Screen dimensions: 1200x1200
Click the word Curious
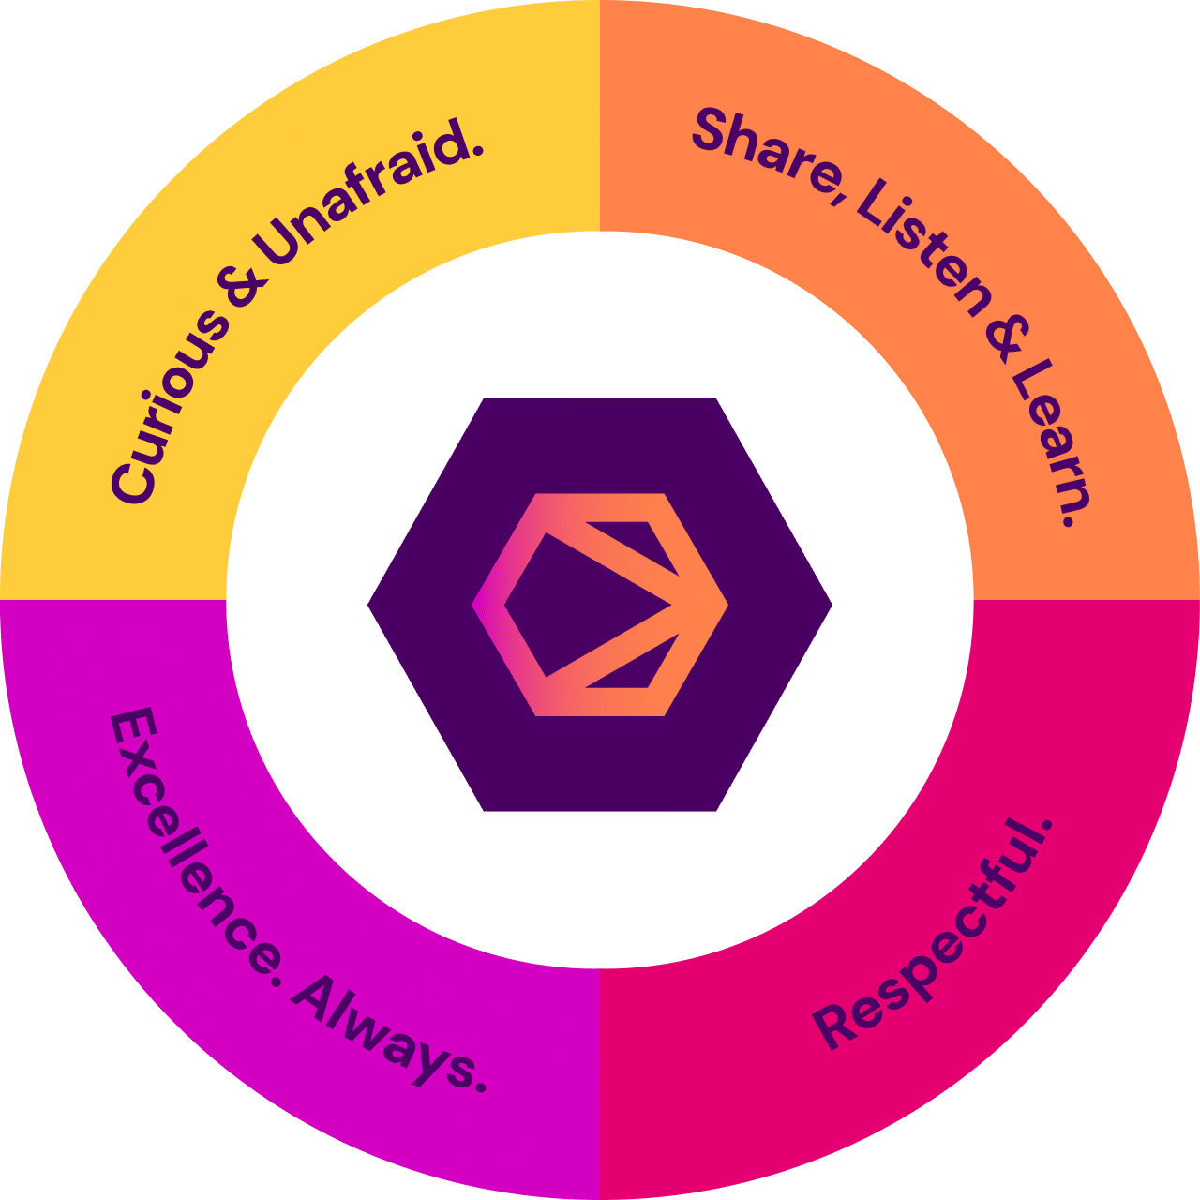point(169,403)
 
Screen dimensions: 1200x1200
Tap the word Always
point(384,1031)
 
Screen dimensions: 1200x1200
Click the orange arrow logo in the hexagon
point(600,605)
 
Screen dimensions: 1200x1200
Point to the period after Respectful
point(1045,826)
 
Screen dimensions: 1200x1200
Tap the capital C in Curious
point(131,479)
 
